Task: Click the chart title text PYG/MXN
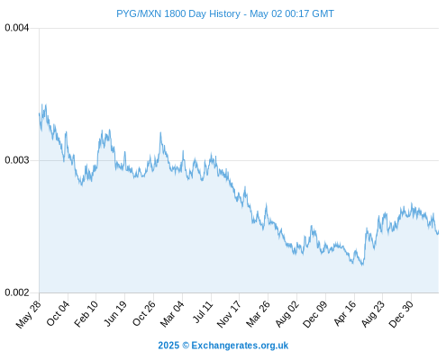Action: [x=139, y=13]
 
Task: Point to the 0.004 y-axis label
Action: [x=17, y=28]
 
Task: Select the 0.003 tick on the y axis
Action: [x=17, y=160]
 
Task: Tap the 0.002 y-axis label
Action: [x=17, y=292]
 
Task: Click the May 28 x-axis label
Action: [x=28, y=314]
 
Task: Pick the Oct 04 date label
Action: [x=58, y=313]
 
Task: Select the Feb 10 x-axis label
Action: [x=86, y=314]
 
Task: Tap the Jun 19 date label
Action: [x=115, y=313]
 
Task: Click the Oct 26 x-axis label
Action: [x=144, y=313]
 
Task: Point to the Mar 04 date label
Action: [x=172, y=314]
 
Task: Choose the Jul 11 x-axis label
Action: [x=203, y=312]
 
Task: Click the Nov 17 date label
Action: [x=229, y=314]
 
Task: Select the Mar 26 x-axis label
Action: [x=258, y=314]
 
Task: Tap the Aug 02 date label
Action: [x=287, y=314]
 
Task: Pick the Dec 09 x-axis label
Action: [x=315, y=314]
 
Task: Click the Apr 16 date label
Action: [x=345, y=313]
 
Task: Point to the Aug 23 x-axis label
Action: [x=373, y=314]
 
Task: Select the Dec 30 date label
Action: [x=401, y=314]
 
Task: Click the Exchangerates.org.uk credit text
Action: [x=240, y=346]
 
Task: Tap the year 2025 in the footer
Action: [x=168, y=346]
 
